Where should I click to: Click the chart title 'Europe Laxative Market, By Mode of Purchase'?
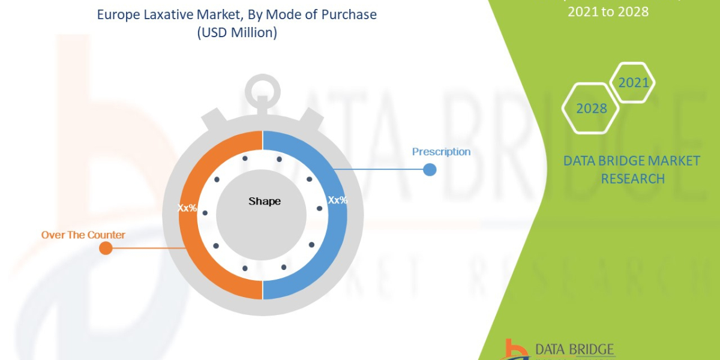[237, 14]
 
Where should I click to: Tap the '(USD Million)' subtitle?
[237, 33]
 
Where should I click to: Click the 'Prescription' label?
[441, 152]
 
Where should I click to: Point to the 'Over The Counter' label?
[83, 235]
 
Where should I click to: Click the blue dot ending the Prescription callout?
[430, 169]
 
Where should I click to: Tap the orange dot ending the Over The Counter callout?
[106, 248]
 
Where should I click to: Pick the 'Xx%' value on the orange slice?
[187, 208]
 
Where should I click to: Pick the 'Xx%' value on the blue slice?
[337, 200]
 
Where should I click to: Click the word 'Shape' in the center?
[265, 201]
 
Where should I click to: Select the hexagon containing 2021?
[633, 83]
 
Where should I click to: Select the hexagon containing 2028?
[591, 109]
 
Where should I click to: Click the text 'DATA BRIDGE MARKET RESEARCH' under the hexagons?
[632, 169]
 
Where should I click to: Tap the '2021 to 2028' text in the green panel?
[608, 11]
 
